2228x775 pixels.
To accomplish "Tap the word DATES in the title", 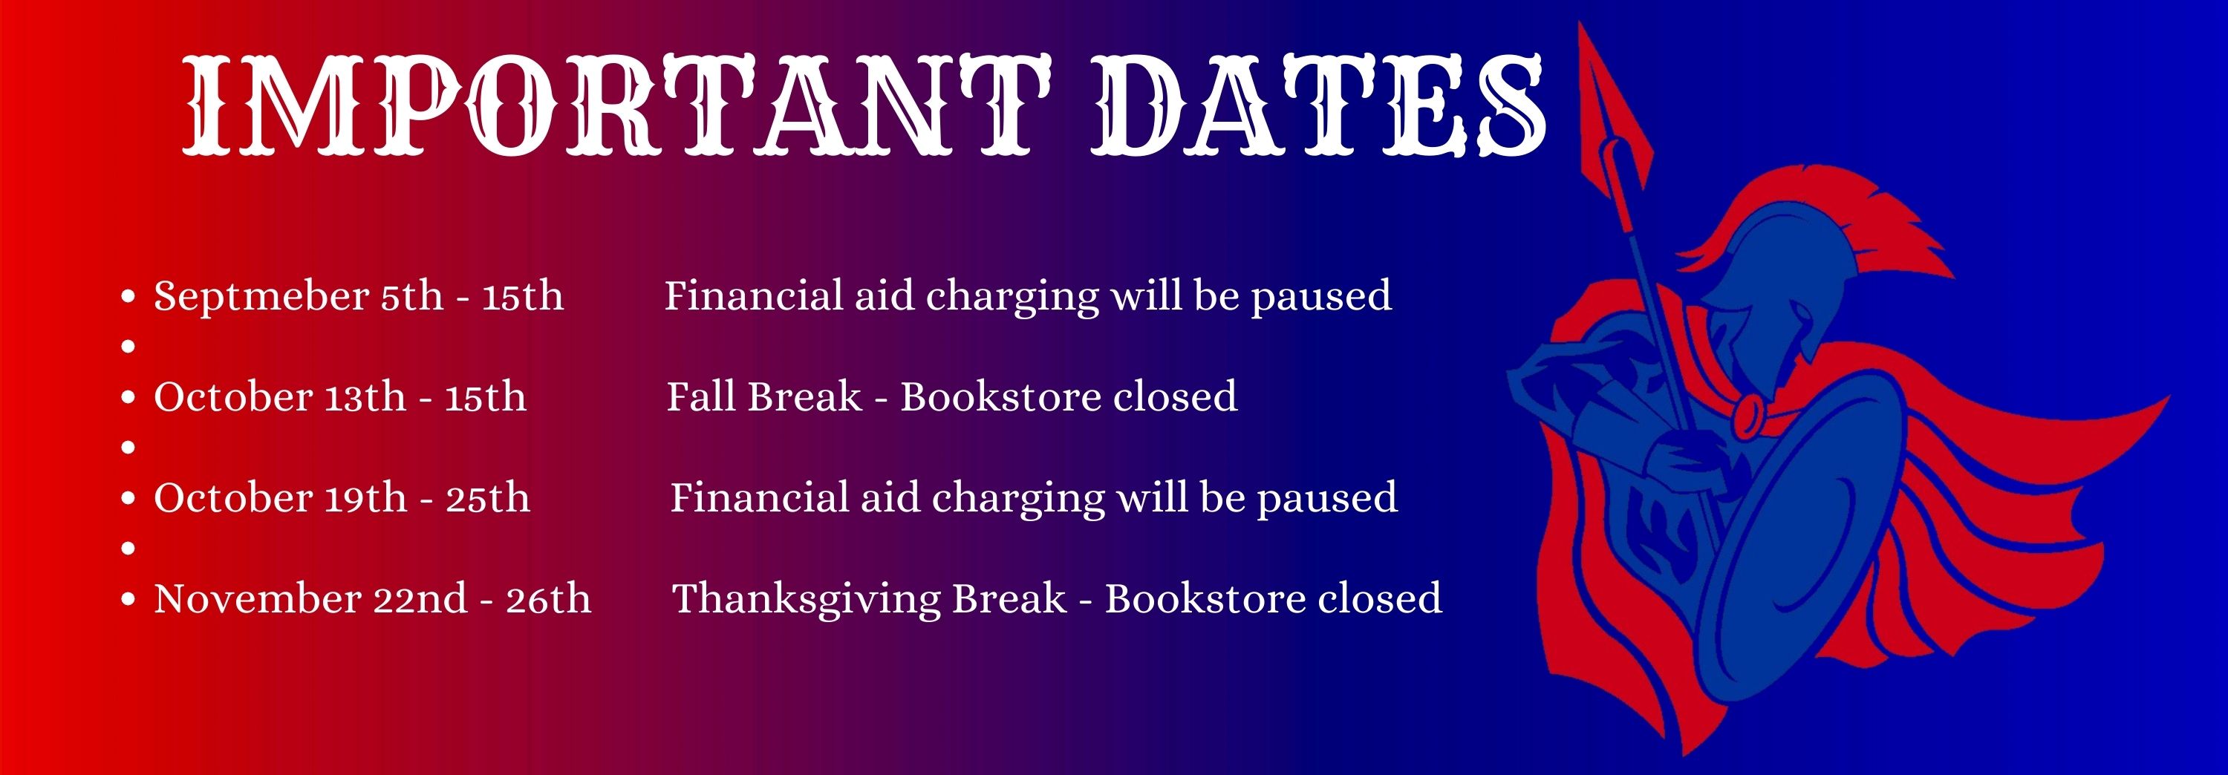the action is tap(1317, 105).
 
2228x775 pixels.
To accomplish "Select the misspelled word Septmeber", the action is tap(261, 298).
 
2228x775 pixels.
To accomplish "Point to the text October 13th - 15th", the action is tap(340, 397).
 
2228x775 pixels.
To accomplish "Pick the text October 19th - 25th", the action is tap(342, 498).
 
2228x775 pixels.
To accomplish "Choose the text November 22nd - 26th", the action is tap(372, 598).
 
